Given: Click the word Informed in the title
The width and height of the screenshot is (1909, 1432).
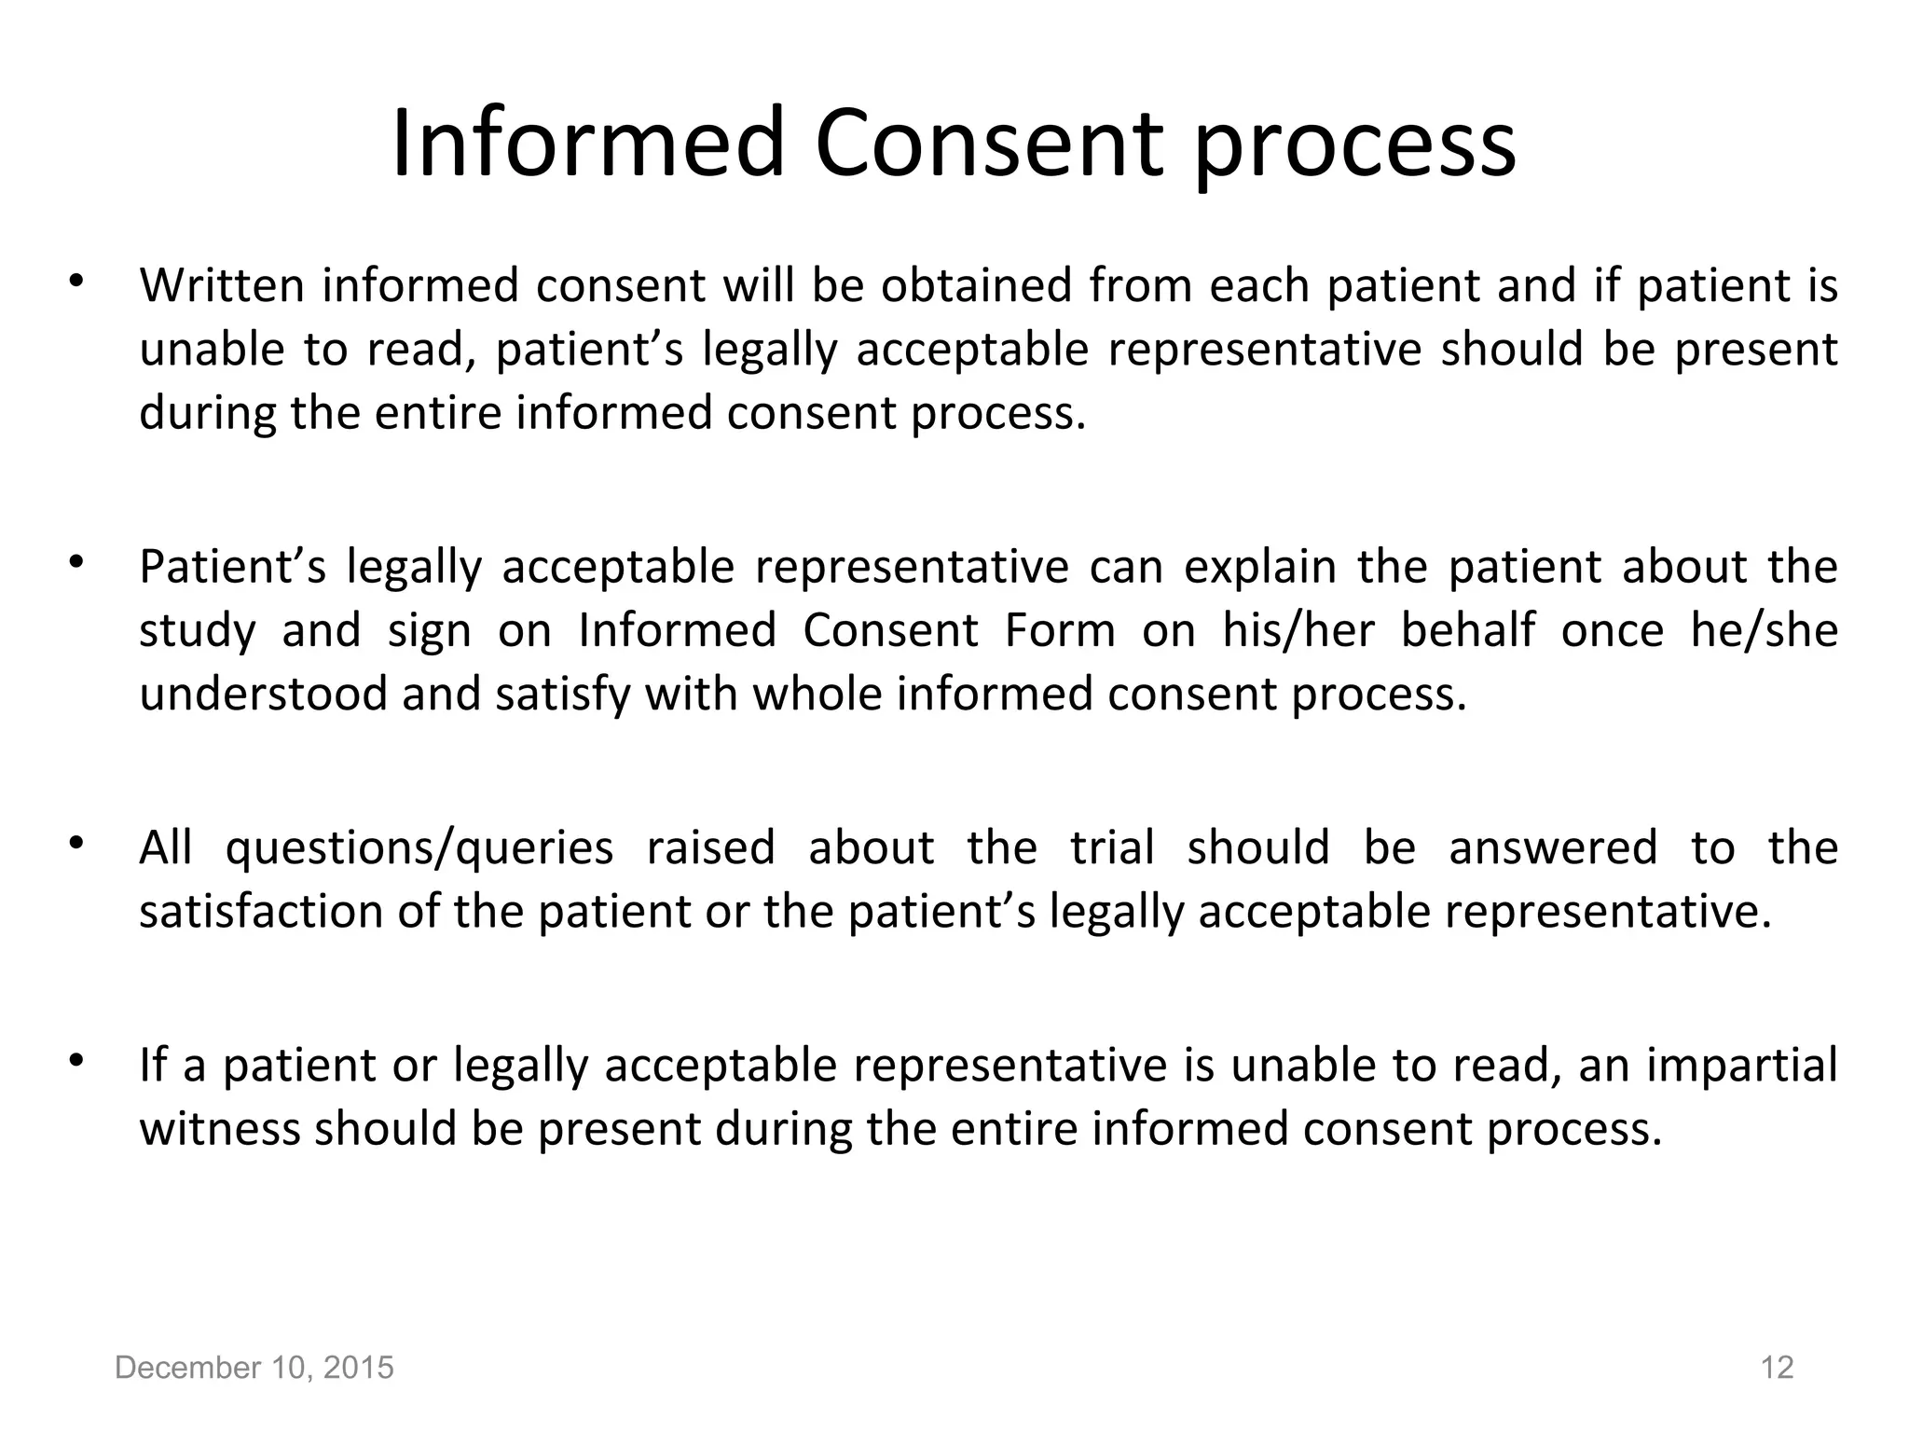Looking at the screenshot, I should [587, 145].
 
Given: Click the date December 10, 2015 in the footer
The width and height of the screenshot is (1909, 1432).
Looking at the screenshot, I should [254, 1368].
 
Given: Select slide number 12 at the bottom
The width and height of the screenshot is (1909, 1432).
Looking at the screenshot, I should [1777, 1368].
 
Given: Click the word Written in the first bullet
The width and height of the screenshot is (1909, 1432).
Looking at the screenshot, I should [223, 285].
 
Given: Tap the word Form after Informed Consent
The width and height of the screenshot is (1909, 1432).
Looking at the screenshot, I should [1060, 630].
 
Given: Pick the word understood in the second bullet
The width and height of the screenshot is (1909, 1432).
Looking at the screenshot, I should [263, 695].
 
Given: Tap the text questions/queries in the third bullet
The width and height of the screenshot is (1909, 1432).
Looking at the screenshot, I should [419, 848].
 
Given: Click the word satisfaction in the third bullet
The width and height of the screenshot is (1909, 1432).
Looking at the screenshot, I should [261, 912].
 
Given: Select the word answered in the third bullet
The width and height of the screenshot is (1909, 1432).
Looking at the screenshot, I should [1553, 848].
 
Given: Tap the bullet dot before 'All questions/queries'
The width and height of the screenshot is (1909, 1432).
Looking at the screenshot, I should [76, 844].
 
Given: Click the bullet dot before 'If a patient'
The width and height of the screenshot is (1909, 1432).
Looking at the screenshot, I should [76, 1061].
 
